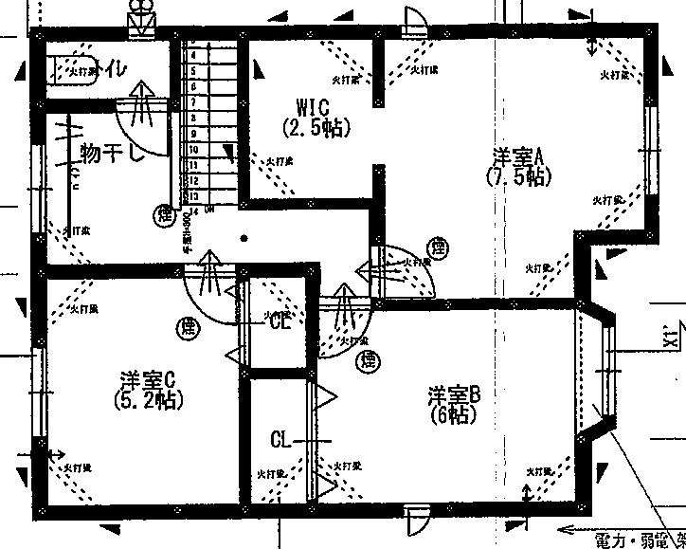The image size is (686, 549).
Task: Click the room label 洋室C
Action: (146, 379)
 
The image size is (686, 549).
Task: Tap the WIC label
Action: (312, 105)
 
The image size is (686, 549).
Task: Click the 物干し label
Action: (112, 153)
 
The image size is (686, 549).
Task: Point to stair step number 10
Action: (193, 150)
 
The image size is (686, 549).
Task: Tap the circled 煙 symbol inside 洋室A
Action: (437, 250)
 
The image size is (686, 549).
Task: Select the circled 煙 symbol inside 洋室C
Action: (188, 329)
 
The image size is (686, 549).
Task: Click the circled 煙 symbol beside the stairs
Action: (166, 215)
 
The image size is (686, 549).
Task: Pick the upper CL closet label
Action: (280, 321)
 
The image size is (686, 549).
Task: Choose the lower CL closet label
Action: (280, 439)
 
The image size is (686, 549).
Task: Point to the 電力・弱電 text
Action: (636, 540)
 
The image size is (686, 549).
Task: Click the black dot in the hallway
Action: (244, 238)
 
